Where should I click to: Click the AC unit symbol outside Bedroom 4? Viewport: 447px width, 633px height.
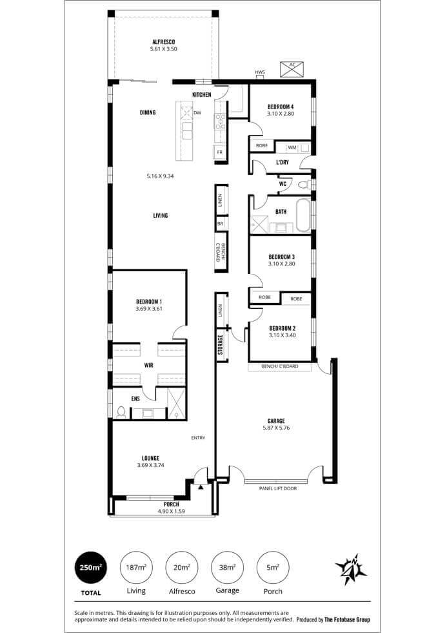tap(292, 69)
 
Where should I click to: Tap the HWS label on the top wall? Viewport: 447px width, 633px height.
tap(260, 72)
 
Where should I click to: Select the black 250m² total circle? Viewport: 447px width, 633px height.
tap(91, 567)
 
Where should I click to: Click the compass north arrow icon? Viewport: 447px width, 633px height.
tap(351, 570)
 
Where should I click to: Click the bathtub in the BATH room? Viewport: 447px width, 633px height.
tap(303, 214)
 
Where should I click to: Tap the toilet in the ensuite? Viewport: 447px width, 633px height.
tap(121, 412)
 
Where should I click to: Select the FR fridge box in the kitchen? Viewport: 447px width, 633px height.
tap(220, 152)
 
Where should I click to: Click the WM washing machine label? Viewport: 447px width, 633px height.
tap(292, 147)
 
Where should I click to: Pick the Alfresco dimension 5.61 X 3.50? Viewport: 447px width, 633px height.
tap(163, 49)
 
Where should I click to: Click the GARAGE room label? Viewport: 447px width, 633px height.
tap(276, 420)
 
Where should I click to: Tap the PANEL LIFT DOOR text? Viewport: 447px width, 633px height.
tap(278, 488)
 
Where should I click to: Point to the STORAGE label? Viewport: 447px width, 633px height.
tap(221, 345)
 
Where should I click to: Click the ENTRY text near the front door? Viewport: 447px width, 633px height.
tap(198, 438)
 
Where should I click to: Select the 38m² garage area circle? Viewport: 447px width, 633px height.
tap(227, 567)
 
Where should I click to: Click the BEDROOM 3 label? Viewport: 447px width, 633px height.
tap(282, 257)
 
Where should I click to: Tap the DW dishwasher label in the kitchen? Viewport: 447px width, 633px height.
tap(197, 113)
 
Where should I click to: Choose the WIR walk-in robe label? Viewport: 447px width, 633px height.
tap(149, 366)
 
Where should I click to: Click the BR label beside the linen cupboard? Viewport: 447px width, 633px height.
tap(220, 223)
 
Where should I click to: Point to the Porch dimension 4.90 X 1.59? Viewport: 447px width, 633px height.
tap(172, 511)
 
